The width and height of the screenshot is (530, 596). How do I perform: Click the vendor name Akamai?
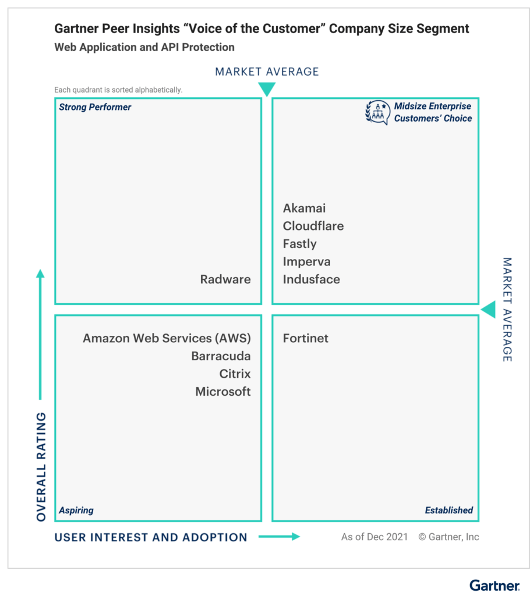304,208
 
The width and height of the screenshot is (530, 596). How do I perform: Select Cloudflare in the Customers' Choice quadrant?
313,226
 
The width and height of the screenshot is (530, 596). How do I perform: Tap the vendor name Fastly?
299,244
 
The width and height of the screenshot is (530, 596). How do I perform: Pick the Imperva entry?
306,261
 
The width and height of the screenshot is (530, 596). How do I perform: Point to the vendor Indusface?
311,279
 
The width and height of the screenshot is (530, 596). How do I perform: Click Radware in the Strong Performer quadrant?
225,279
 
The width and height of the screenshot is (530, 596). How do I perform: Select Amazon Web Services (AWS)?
167,338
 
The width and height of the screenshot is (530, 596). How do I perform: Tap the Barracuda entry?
221,356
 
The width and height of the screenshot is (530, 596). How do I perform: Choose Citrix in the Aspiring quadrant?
235,374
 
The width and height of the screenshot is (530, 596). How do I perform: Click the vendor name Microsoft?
223,392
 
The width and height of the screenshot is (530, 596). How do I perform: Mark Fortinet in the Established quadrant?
306,338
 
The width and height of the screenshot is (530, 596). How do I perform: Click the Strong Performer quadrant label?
95,107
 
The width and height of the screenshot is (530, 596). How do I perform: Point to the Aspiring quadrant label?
76,510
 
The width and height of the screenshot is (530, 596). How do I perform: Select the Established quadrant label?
449,510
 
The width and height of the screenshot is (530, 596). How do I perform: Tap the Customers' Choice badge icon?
377,112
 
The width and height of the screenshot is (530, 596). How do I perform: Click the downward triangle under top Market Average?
267,89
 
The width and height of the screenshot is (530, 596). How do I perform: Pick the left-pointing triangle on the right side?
489,310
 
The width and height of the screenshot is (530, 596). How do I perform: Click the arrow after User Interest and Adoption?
279,537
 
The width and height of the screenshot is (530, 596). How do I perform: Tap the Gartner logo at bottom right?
494,586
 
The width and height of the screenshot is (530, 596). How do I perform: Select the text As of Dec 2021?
374,537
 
